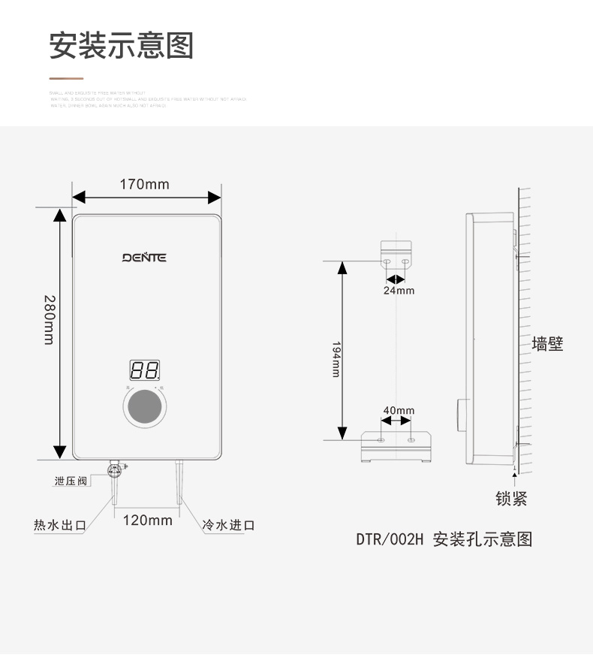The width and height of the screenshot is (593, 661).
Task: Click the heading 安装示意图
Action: (121, 45)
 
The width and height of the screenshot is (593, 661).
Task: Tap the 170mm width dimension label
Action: (145, 184)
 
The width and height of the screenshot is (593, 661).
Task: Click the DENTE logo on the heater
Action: (145, 258)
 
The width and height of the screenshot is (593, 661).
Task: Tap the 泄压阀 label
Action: (71, 481)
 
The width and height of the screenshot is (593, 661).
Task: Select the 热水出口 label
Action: (59, 525)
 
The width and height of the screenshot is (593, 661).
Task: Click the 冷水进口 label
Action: (228, 525)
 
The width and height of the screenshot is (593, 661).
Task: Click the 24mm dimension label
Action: (399, 291)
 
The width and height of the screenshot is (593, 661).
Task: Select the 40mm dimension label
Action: (399, 411)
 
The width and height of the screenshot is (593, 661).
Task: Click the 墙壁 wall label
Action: (547, 345)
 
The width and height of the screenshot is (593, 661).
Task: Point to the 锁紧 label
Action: (511, 499)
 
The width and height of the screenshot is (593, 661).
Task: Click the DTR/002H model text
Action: (390, 539)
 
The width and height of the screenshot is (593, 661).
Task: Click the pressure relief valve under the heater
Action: (116, 471)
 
